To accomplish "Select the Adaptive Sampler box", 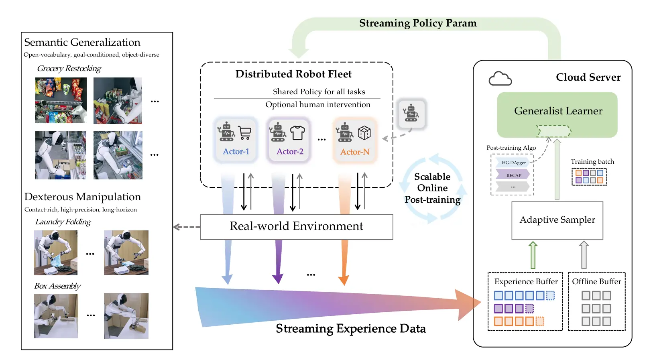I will [x=557, y=220].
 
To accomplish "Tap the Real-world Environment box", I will [x=296, y=227].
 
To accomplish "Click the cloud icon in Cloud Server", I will [x=500, y=79].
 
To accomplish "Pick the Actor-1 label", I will [x=236, y=152].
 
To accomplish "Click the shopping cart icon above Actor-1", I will [x=244, y=132].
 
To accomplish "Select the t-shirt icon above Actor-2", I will [x=297, y=132].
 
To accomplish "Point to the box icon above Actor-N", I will [x=364, y=132].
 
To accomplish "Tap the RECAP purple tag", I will [x=513, y=175].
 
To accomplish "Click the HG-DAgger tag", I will [x=513, y=163].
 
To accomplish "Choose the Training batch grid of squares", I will [x=589, y=177].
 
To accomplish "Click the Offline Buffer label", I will [x=596, y=282].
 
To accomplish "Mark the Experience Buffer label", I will [x=526, y=282].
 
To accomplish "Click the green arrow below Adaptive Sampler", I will [x=533, y=255].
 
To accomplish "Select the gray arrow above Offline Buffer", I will [x=584, y=255].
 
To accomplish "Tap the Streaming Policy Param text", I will [x=418, y=23].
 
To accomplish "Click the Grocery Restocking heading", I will [x=69, y=69].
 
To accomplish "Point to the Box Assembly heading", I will [x=57, y=286].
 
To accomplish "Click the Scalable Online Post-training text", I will [x=432, y=188].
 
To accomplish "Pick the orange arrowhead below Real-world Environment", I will [x=344, y=279].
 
